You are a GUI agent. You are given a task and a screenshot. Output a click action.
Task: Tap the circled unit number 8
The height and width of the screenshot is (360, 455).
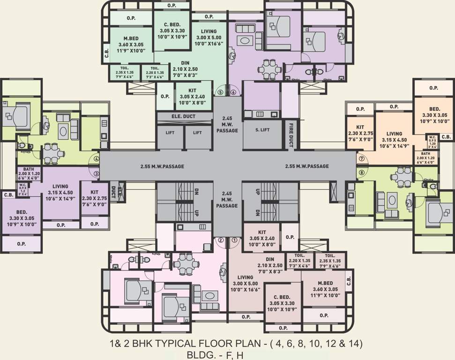pyautogui.click(x=361, y=172)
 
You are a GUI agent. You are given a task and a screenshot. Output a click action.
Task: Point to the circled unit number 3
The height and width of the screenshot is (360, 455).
pyautogui.click(x=97, y=174)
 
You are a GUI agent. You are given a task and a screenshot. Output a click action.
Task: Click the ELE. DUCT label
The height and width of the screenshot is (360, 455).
pyautogui.click(x=183, y=116)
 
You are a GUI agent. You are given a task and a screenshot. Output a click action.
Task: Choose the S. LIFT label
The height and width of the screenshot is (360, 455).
pyautogui.click(x=263, y=129)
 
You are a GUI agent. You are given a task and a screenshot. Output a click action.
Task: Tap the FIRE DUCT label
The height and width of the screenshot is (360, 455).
pyautogui.click(x=291, y=135)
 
